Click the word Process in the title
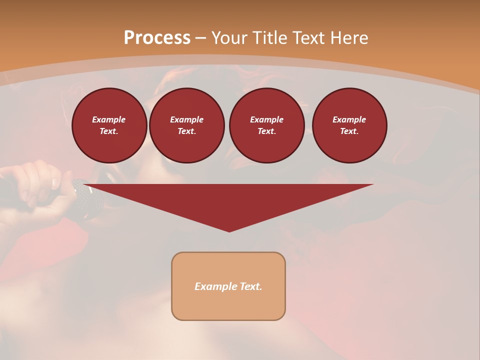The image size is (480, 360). pos(157,38)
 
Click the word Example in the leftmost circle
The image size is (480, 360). pos(109,119)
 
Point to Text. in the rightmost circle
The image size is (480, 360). pos(349,131)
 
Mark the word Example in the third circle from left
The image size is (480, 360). pos(266,119)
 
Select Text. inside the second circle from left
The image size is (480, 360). pos(186,131)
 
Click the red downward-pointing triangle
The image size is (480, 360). pos(229,200)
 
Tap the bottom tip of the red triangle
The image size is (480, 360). pos(229,230)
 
